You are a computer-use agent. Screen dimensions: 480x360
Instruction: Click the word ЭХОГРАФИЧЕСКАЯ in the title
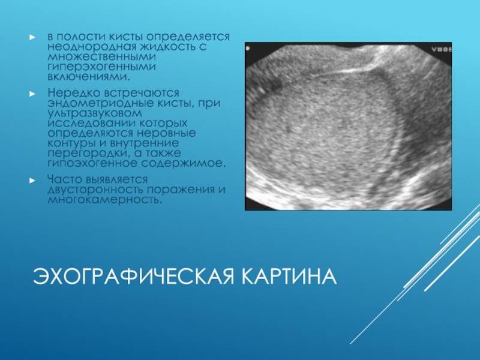133,276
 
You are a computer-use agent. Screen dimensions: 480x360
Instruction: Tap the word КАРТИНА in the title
289,276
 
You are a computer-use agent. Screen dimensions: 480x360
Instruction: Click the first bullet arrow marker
32,37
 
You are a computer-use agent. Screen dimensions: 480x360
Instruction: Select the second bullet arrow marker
32,94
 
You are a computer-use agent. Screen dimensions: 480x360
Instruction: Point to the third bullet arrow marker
32,181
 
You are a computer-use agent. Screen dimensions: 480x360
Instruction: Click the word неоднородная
92,47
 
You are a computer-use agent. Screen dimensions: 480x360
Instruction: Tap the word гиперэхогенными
101,67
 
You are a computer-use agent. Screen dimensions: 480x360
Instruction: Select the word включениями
89,77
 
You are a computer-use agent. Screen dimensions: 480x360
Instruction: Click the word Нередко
74,93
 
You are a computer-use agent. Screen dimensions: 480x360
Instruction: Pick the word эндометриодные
100,103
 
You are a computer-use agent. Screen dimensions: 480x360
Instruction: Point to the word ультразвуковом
95,113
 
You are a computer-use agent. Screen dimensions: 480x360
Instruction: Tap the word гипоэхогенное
92,163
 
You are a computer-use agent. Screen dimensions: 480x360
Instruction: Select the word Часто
65,179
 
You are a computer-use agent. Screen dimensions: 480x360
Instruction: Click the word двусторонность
95,190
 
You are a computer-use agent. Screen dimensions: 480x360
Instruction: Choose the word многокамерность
104,200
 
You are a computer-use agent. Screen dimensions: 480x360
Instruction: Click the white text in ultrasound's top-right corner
442,50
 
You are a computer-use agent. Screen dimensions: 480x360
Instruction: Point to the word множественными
101,57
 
